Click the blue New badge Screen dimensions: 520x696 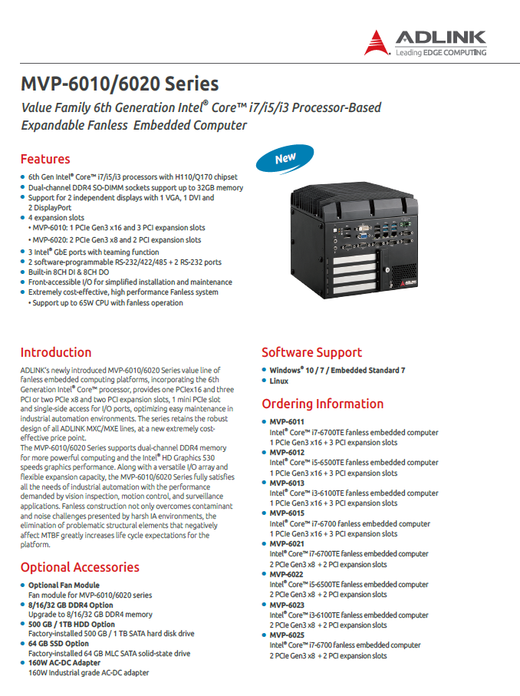(x=285, y=159)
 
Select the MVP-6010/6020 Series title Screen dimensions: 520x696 (x=120, y=84)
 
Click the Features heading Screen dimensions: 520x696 (x=45, y=159)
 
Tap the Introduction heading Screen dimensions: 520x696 (x=56, y=352)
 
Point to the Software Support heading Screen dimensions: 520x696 (x=311, y=352)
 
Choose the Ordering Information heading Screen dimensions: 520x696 (x=323, y=404)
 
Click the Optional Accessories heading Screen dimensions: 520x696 (x=80, y=567)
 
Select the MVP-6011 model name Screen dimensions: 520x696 (x=287, y=422)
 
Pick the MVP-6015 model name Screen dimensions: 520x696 (x=287, y=513)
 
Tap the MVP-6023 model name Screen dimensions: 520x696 (x=287, y=605)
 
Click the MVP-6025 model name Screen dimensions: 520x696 (x=287, y=635)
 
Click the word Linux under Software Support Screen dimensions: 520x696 (x=278, y=381)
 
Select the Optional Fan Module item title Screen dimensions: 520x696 (x=64, y=585)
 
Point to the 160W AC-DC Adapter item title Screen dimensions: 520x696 (x=64, y=663)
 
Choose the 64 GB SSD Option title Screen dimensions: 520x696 (x=58, y=644)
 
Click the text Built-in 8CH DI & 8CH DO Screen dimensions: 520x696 (x=68, y=272)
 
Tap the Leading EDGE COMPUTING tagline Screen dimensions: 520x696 (x=440, y=52)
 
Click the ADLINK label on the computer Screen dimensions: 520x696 (x=409, y=282)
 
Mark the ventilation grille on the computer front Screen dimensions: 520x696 (x=403, y=271)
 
